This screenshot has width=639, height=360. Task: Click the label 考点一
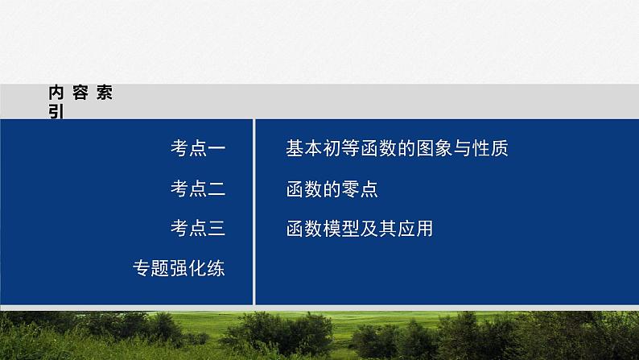click(198, 148)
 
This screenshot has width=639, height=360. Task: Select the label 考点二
click(198, 188)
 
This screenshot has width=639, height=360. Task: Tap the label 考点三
click(198, 229)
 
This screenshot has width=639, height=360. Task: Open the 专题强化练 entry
click(179, 269)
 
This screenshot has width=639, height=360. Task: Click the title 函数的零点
click(332, 188)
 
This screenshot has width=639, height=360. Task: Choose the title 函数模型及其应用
click(359, 229)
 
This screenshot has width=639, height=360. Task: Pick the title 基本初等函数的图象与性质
click(397, 148)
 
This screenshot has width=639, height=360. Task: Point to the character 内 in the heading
click(56, 93)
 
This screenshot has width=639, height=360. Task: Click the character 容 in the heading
click(80, 93)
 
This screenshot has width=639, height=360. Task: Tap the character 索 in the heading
click(104, 93)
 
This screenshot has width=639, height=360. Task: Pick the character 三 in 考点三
click(216, 229)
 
